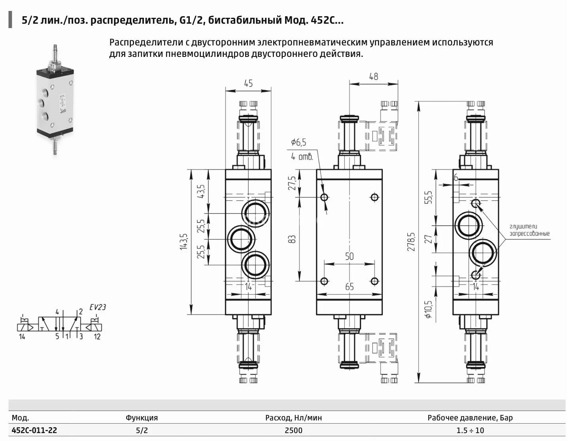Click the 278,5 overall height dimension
coord(411,241)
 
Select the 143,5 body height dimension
coord(183,241)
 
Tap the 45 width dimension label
coord(248,83)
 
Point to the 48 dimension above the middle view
coord(373,76)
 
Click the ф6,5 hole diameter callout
coord(299,142)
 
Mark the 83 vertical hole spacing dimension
coord(292,239)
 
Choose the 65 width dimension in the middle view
coord(349,286)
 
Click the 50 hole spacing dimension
coord(349,256)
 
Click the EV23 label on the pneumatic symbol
coord(97,307)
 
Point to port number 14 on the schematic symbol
coord(22,337)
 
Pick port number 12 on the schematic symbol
coord(97,337)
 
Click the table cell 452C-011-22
coord(34,430)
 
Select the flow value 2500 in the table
coord(293,430)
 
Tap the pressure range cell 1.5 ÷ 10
coord(470,430)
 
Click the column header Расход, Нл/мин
coord(293,418)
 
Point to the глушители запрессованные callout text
coord(529,230)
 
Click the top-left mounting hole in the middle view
coord(325,197)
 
